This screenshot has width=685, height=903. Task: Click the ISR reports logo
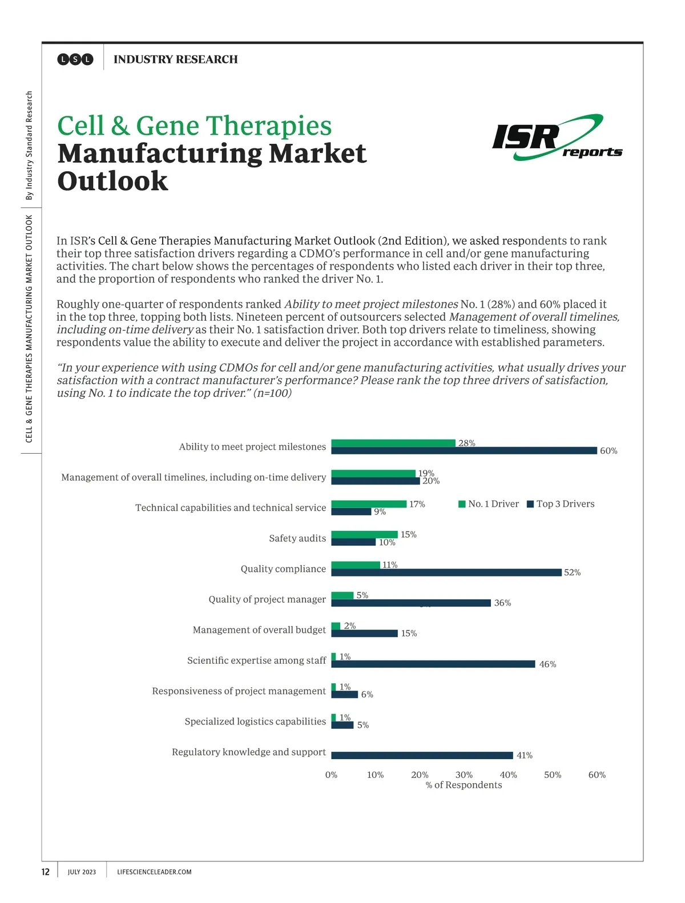(556, 138)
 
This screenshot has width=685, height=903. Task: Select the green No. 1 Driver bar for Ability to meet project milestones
(393, 443)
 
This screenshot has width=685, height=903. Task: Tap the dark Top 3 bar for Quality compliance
(446, 573)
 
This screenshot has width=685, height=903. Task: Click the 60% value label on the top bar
(609, 451)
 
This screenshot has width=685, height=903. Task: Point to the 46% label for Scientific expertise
(547, 664)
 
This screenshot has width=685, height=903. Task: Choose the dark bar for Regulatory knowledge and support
(422, 755)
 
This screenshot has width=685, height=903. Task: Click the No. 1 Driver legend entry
(489, 504)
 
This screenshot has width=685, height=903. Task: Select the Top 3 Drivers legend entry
(561, 504)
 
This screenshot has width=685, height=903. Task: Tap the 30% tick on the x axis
(464, 775)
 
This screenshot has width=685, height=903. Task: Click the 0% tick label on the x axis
(331, 775)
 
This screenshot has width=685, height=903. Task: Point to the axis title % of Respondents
(464, 785)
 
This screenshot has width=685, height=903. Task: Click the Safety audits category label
(297, 538)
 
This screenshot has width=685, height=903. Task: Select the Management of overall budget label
(259, 630)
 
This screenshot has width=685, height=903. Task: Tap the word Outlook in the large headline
(113, 181)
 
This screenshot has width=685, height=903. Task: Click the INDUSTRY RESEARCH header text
(175, 59)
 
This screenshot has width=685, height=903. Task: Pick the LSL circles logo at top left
(75, 59)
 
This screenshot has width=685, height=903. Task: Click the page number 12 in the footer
(46, 872)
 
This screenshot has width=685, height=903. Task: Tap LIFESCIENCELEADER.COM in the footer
(154, 872)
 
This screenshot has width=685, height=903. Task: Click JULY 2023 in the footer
(82, 872)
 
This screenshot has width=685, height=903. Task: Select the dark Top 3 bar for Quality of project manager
(411, 603)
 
